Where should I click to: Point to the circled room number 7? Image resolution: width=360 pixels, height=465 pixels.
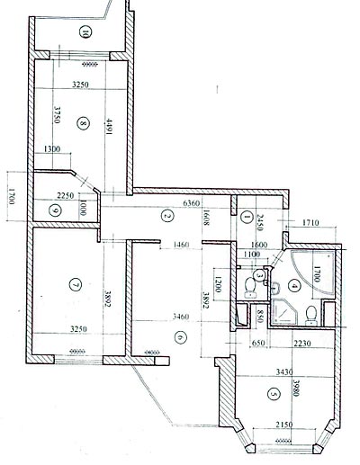point(75,285)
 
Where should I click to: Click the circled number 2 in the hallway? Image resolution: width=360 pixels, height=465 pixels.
point(166,216)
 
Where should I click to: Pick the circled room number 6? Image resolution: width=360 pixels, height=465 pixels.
point(179,336)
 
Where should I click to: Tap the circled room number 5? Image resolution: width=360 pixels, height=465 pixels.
point(274,392)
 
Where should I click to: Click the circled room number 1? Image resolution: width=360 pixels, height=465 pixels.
point(246,215)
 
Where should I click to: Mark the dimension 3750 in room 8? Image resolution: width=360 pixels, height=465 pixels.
point(57,119)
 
